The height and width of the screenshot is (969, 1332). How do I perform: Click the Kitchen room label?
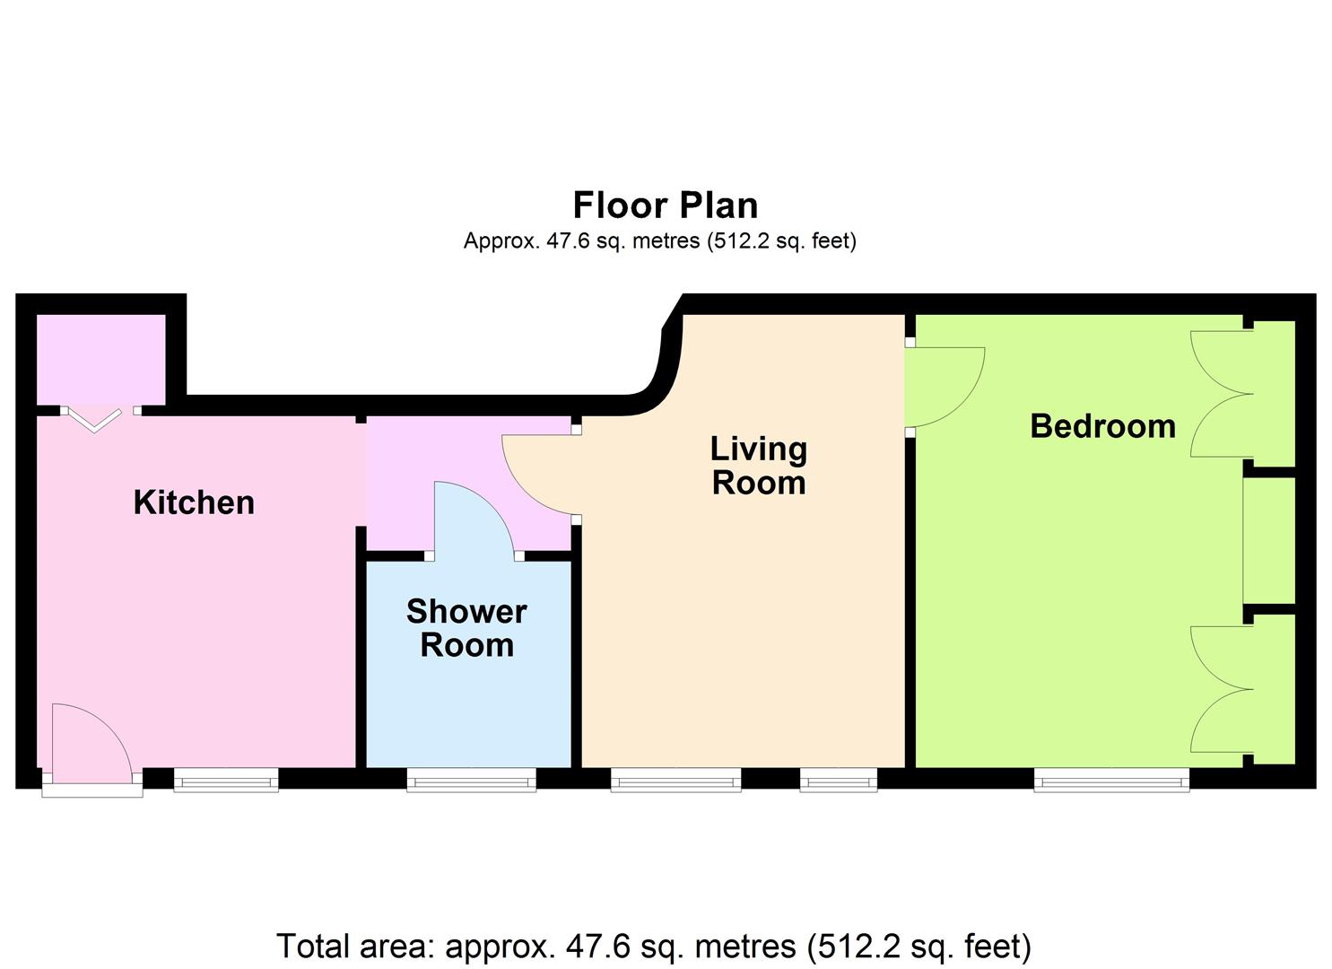coord(194,502)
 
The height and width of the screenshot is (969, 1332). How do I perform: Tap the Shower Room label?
coord(466,628)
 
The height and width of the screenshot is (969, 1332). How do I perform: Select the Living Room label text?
coord(759,466)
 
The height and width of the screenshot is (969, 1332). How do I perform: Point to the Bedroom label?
coord(1103,426)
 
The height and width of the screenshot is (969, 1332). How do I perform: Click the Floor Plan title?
coord(666,205)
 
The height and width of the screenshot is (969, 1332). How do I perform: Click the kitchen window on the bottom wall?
coord(226,780)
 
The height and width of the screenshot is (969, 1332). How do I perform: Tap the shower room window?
coord(472,780)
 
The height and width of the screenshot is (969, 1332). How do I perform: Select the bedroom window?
coord(1112,780)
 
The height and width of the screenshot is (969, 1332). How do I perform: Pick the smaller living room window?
coord(839,780)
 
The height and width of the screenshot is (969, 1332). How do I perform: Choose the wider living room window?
coord(676,780)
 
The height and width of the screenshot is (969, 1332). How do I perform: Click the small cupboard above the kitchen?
coord(101,360)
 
